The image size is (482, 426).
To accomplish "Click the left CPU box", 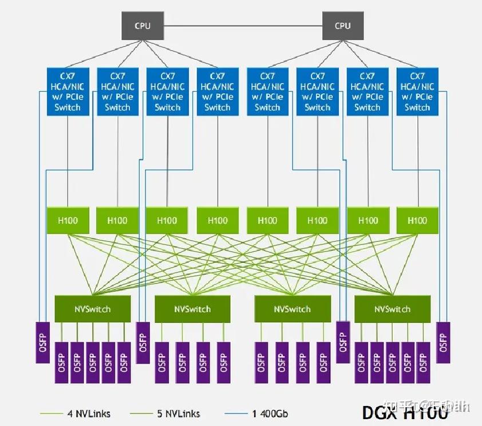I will [x=143, y=26].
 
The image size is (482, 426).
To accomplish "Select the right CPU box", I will [x=342, y=26].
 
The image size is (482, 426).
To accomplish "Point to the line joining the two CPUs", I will [x=242, y=26].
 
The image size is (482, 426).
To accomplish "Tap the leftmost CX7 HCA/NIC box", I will [x=68, y=92].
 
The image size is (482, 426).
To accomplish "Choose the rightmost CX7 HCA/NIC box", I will [x=417, y=92].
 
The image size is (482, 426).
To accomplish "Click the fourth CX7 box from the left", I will [x=218, y=92].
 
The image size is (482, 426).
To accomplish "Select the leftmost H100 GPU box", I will [x=68, y=220].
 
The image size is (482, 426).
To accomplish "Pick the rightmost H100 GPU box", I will [x=417, y=220].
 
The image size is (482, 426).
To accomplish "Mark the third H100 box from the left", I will [x=167, y=220].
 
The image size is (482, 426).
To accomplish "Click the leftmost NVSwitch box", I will [x=92, y=309].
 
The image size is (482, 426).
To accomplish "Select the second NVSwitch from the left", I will [x=192, y=309].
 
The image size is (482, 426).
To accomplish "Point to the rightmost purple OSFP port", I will [x=443, y=342].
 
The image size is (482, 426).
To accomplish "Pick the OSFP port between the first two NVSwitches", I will [x=143, y=342].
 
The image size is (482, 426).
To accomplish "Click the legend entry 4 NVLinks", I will [x=75, y=413].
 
